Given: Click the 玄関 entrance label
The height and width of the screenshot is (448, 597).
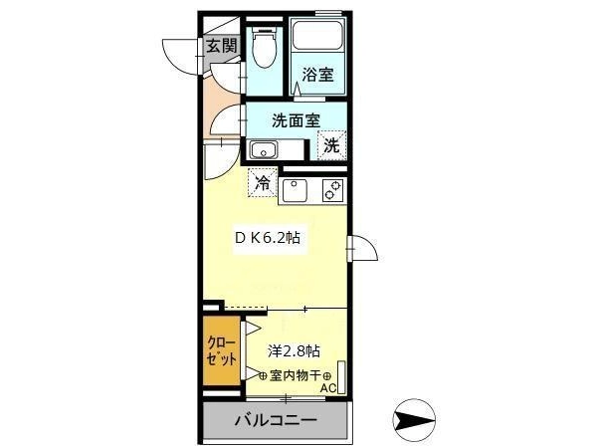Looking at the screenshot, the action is pos(222,46).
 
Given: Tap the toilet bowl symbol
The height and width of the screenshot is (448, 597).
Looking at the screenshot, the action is pos(264,47).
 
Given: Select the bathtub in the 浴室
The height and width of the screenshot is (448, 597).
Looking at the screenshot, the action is pos(317,35).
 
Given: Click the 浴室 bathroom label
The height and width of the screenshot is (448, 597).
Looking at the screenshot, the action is pos(317,75).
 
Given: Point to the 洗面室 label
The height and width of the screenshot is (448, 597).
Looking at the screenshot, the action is pos(296,120).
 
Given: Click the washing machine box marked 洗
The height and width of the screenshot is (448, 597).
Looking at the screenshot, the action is pos(331,145).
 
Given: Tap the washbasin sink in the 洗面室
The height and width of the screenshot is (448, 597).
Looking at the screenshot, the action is pos(263,150).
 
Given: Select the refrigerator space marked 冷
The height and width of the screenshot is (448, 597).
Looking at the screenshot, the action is pos(263,182).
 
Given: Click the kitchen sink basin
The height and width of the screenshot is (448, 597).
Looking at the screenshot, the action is pos(295,190).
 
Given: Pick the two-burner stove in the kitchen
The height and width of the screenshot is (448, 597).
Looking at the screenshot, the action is pos(332,190).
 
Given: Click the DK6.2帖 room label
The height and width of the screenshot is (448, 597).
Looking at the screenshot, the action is pos(268,238).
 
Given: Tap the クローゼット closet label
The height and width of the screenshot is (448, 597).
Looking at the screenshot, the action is pos(221,350).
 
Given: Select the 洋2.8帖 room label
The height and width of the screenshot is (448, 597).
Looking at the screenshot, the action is pos(294,350).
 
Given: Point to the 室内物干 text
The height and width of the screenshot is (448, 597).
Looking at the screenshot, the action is pos(295,375).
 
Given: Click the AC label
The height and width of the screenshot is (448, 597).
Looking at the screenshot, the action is pos(328,388).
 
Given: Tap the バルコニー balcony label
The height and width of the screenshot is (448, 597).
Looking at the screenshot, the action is pos(276,420).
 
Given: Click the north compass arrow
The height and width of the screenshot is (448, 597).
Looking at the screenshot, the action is pos(414,420).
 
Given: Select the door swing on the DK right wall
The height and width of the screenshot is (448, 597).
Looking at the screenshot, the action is pos(363,247).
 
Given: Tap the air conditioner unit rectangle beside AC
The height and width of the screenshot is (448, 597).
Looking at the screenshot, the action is pos(341,377).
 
